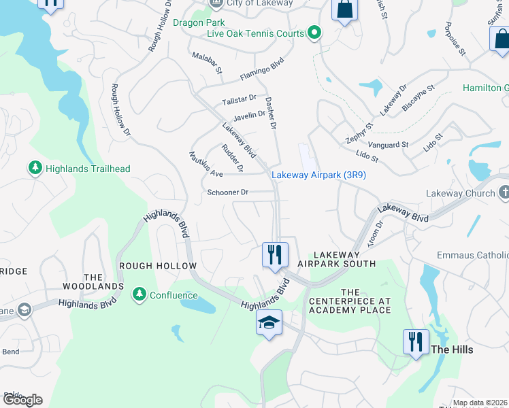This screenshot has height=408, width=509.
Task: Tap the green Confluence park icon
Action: coord(140,294)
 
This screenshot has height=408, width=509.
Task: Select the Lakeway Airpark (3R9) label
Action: coord(319,175)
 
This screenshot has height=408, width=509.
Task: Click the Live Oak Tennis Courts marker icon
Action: coord(314,33)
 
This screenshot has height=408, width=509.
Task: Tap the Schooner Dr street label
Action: coord(229,192)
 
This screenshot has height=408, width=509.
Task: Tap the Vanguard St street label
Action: coord(388,145)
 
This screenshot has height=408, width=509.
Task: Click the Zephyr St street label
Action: coord(360,133)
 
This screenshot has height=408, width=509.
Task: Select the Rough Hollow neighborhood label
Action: coord(158,266)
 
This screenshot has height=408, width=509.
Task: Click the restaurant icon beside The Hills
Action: coord(416,341)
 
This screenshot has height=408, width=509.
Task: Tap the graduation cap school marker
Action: coord(269,322)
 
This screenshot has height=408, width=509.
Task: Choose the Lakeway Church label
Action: coord(461,194)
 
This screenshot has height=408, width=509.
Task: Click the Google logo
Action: coord(22,400)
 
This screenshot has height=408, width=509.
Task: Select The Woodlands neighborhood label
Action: coord(103,282)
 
